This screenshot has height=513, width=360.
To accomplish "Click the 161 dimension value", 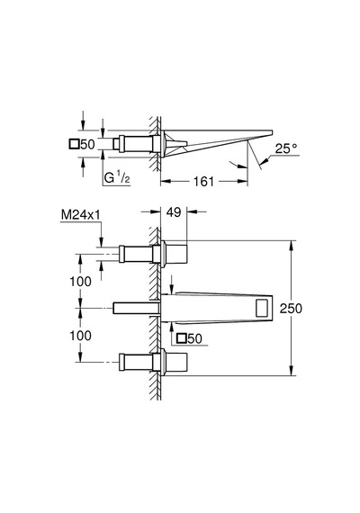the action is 203,181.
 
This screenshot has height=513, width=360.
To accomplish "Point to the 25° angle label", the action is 286,148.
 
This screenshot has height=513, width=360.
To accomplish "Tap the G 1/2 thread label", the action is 117,178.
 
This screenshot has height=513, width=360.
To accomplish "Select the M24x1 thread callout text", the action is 81,214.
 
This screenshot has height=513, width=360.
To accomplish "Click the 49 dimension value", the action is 174,212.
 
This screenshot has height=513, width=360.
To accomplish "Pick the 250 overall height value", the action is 291,308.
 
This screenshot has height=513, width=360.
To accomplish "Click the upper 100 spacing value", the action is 80,282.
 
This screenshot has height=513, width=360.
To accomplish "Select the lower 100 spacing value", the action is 80,336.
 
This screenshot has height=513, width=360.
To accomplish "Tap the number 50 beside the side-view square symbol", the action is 87,144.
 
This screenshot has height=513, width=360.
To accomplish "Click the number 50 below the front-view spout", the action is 194,338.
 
